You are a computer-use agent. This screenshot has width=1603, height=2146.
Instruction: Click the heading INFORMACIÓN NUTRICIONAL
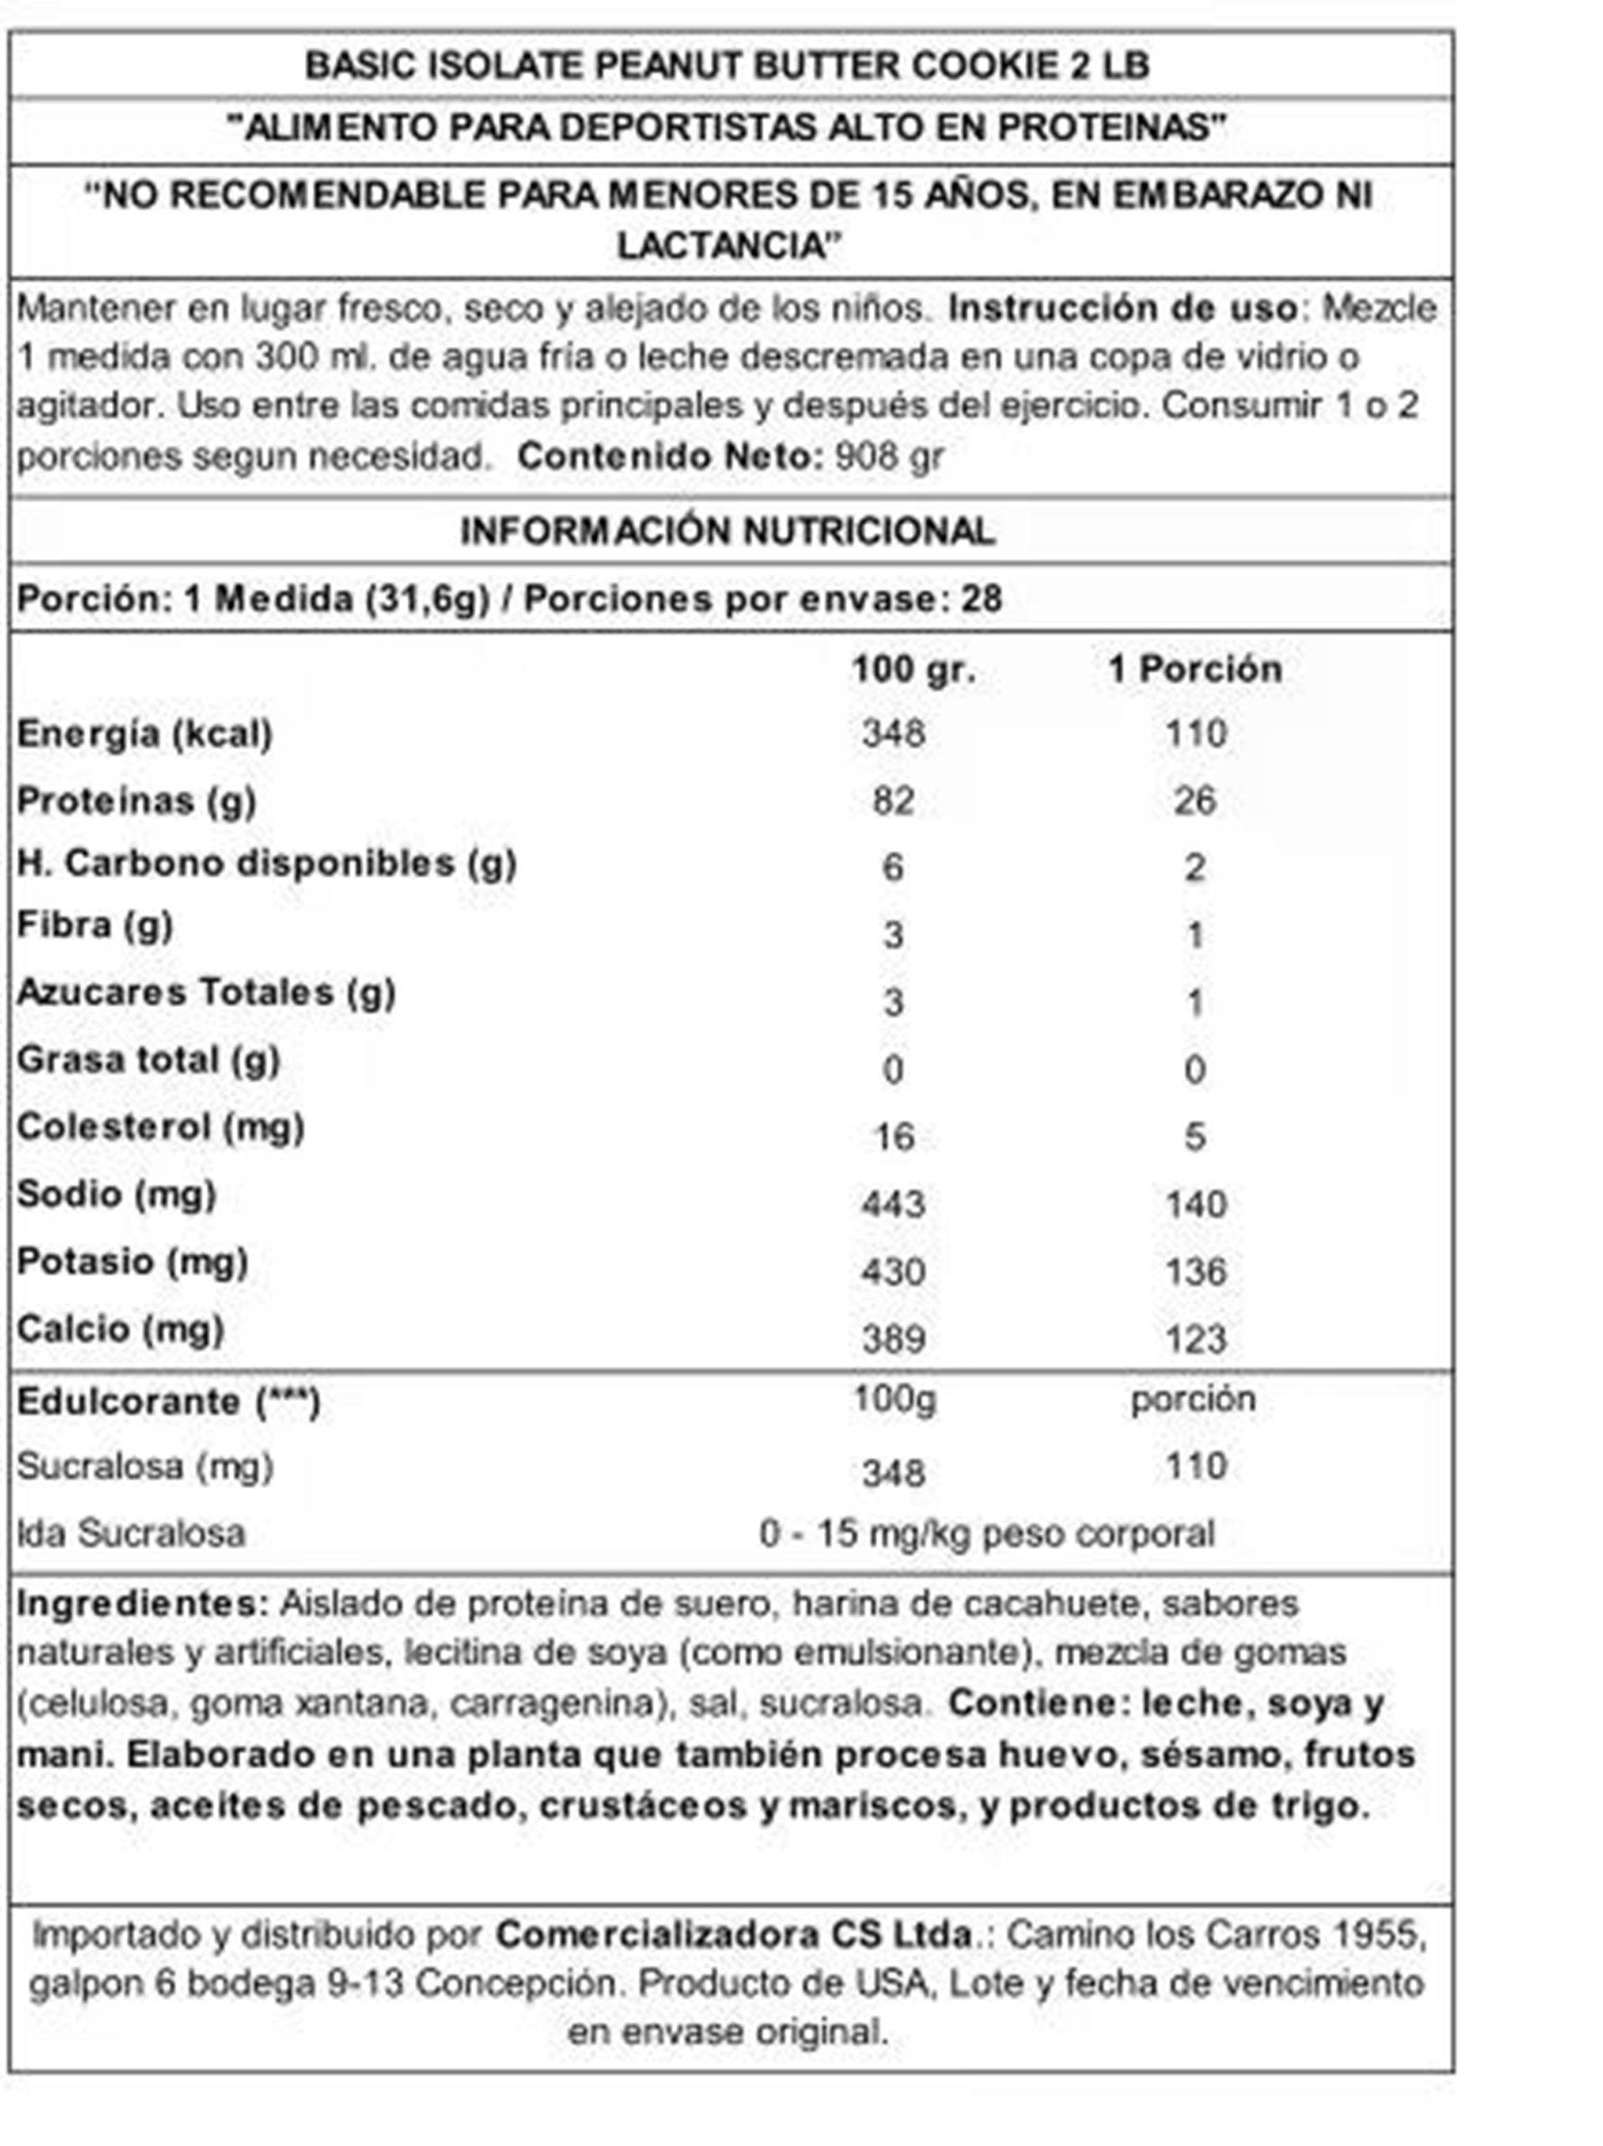pyautogui.click(x=727, y=531)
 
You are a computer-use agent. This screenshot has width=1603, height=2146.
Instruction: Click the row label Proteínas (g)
pyautogui.click(x=137, y=801)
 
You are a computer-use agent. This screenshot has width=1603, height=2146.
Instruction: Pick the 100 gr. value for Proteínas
pyautogui.click(x=893, y=801)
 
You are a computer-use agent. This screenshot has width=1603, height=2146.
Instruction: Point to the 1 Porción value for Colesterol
pyautogui.click(x=1195, y=1136)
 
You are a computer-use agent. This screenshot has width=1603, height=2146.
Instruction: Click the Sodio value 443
pyautogui.click(x=893, y=1204)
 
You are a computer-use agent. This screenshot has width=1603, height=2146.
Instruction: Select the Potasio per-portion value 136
pyautogui.click(x=1196, y=1271)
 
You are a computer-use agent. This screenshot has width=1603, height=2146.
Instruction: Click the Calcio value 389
pyautogui.click(x=893, y=1339)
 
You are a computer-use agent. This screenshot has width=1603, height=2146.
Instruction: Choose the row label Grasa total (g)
pyautogui.click(x=148, y=1060)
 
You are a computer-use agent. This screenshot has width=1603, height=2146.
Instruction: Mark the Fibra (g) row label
pyautogui.click(x=95, y=925)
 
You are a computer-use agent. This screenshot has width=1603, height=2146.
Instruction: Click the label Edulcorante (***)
pyautogui.click(x=168, y=1402)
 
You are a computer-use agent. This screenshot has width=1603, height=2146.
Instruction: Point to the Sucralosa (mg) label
pyautogui.click(x=144, y=1466)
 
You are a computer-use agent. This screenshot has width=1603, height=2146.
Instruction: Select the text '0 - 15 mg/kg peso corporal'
pyautogui.click(x=987, y=1534)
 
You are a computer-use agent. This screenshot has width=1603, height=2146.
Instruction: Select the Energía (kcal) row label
pyautogui.click(x=144, y=733)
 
